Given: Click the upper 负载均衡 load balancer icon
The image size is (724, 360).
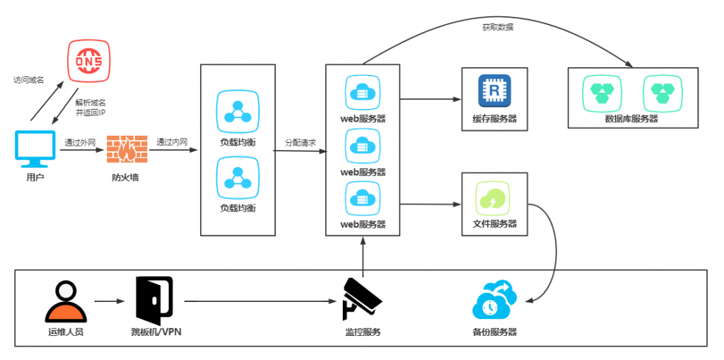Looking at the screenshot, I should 237,110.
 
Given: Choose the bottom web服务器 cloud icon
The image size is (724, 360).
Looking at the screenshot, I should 362,199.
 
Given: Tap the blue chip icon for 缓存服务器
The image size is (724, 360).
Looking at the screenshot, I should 495,91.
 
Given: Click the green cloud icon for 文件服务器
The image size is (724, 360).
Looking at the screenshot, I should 494,197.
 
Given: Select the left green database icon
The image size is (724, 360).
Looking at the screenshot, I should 602,93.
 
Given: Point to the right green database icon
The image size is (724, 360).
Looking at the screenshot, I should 662,93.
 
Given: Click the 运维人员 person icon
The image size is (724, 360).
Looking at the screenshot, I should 65,302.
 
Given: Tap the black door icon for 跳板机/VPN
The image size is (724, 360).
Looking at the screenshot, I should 153,300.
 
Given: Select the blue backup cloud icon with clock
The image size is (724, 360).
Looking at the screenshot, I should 494,301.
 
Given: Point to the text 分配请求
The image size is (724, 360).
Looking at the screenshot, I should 300,142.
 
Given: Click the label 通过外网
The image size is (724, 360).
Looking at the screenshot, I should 78,141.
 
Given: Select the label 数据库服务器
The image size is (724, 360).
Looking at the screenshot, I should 631,119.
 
